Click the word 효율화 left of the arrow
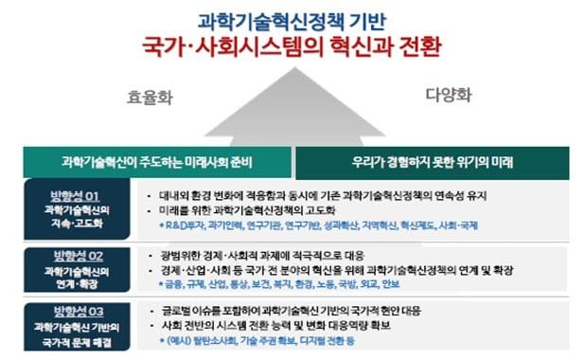(x=152, y=96)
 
